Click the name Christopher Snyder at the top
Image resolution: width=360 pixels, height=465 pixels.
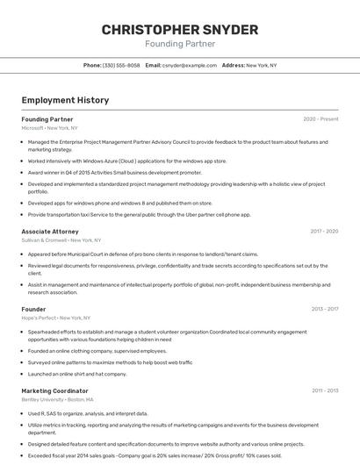click(179, 29)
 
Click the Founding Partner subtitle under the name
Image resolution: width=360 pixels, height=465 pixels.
click(179, 44)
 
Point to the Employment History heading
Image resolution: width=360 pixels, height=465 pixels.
click(65, 100)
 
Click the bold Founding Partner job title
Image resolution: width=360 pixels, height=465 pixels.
click(47, 118)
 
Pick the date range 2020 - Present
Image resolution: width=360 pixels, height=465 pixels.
click(320, 118)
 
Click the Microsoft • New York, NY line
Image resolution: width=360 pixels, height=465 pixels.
click(49, 127)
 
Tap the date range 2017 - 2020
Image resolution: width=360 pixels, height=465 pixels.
click(324, 232)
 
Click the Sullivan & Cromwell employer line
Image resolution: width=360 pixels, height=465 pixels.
click(61, 240)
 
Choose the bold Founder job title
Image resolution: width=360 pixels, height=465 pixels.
click(33, 309)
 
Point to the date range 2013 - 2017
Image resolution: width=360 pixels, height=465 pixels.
click(324, 309)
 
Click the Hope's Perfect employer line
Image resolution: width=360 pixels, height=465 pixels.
click(56, 318)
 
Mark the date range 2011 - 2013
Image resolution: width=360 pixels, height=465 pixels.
click(325, 390)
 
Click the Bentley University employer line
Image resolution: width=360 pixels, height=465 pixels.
click(58, 399)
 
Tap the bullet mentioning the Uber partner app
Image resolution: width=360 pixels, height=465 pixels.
click(139, 214)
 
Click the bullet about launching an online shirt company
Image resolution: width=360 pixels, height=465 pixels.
click(77, 374)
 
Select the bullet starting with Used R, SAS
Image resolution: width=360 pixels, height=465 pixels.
click(88, 413)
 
